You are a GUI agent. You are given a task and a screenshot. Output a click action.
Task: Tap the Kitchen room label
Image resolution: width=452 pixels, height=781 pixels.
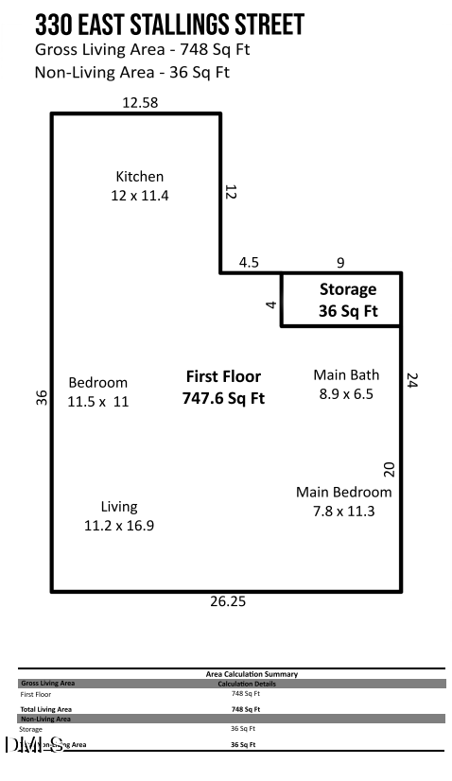pos(140,185)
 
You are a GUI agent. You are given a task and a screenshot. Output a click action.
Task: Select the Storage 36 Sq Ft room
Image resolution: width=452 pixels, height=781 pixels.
pos(347,300)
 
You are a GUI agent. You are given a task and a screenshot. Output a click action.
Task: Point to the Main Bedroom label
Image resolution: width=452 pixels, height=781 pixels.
pos(343,501)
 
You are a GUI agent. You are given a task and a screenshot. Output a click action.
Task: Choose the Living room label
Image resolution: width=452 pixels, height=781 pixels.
pos(119,515)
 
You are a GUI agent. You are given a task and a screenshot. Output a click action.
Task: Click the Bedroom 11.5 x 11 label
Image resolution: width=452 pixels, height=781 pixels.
pos(97,391)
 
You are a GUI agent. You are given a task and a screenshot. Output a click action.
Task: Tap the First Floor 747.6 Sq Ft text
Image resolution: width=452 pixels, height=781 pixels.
pos(223,388)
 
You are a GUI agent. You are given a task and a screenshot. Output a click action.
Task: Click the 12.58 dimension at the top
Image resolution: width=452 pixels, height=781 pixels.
pos(140,102)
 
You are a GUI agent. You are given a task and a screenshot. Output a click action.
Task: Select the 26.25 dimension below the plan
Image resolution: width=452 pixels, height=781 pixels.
pos(228,601)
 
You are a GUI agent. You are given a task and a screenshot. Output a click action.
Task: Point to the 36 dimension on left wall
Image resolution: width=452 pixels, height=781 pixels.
pos(42,398)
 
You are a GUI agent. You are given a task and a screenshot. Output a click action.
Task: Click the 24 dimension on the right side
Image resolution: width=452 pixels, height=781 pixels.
pos(411,380)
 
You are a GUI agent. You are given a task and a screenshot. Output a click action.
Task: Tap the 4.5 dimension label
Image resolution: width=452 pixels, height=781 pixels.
pos(249,263)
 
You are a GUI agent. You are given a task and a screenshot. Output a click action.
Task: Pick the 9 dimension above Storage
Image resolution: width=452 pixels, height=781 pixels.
pos(340,263)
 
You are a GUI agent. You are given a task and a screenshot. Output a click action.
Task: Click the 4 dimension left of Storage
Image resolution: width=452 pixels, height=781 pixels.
pos(270,304)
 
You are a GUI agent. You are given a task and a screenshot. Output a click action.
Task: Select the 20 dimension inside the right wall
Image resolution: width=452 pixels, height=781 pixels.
pos(389,469)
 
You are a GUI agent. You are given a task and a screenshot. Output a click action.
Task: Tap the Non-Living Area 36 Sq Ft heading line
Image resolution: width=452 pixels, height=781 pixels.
pos(131,72)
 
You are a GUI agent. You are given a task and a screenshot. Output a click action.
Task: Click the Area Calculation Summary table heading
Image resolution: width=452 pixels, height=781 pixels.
pos(252,674)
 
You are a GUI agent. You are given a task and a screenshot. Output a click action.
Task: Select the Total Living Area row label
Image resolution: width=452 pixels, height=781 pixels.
pos(46,708)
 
